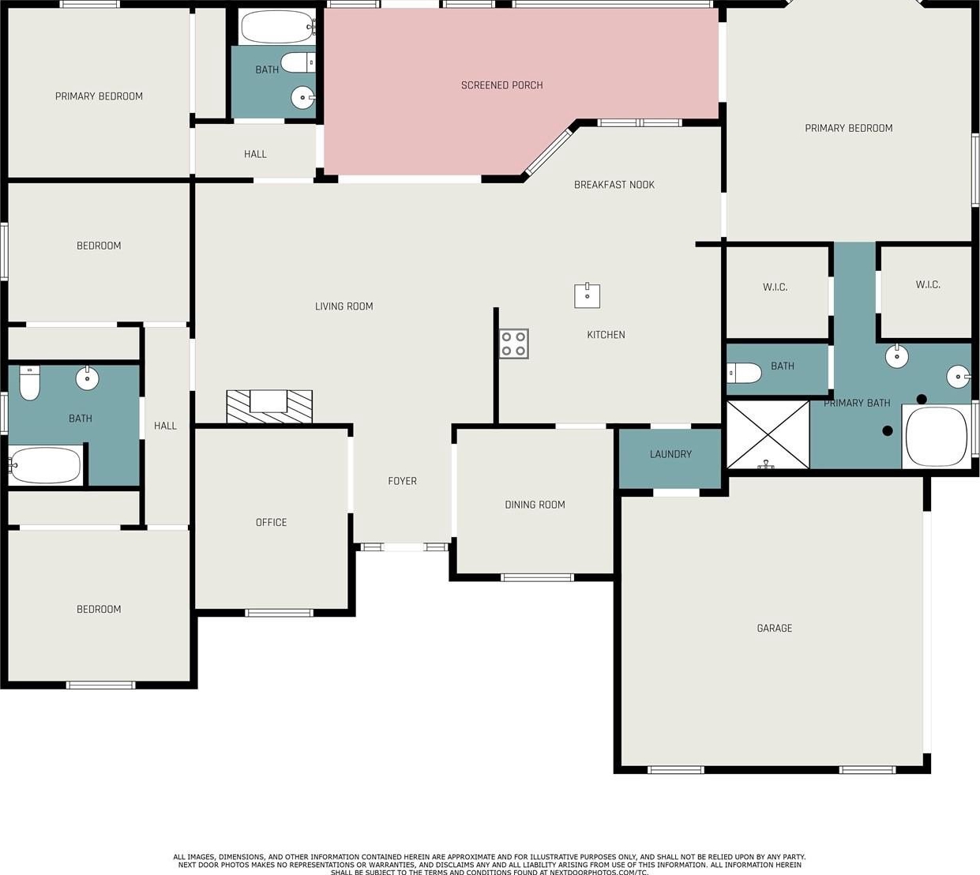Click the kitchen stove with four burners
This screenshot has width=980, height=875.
514,344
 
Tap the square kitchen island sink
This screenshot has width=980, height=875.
588,295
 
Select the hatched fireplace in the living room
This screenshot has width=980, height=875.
269,407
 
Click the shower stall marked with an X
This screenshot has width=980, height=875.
768,434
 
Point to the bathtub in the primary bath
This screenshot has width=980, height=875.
937,437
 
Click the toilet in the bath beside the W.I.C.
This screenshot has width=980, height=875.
745,373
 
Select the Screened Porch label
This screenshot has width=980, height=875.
501,85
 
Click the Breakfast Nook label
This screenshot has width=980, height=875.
614,185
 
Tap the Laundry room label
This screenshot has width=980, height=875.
670,454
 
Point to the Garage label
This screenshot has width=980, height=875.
775,629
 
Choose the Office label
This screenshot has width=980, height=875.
271,522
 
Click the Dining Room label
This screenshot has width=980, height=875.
535,505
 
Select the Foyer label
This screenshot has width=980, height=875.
402,481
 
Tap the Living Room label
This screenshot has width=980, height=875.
344,306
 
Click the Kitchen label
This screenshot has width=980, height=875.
606,335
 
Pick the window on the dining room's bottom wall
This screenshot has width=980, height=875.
537,577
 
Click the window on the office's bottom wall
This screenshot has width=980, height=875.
279,614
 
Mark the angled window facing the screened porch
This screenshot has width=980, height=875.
549,152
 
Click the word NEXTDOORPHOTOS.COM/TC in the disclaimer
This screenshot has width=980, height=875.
599,872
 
